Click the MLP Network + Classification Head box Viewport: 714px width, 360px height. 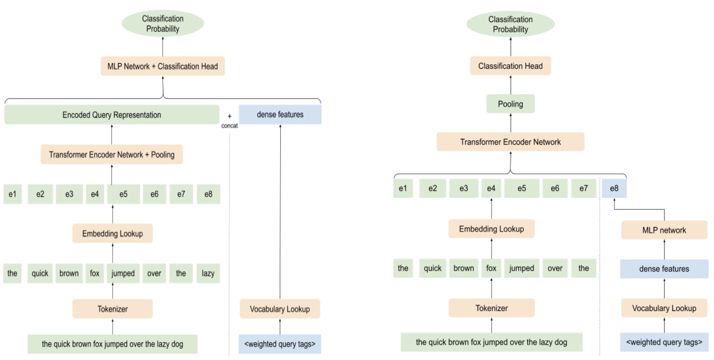(x=163, y=66)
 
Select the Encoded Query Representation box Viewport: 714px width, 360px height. (x=112, y=115)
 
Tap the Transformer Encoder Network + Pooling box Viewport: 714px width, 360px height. (x=112, y=155)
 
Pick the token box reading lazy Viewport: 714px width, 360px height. (x=208, y=273)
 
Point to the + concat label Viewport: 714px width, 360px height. (x=229, y=121)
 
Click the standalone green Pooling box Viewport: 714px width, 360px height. (x=510, y=104)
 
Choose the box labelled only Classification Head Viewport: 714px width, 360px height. (x=510, y=66)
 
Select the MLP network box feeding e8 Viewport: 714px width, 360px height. (x=664, y=230)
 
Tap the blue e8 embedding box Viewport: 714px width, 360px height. (x=614, y=188)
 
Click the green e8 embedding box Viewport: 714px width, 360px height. (x=208, y=194)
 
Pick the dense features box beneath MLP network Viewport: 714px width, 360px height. (x=664, y=269)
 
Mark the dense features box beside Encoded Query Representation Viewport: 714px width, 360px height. (x=280, y=115)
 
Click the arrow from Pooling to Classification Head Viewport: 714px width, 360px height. (x=510, y=85)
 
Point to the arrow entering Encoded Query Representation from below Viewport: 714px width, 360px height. (x=112, y=135)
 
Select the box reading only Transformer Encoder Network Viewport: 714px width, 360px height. (x=510, y=142)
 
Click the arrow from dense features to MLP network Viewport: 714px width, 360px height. (x=664, y=249)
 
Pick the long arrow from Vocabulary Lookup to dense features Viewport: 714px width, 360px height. (x=280, y=209)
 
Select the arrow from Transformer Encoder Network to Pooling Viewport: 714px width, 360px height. (x=510, y=123)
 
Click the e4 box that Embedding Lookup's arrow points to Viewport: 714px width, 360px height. (x=491, y=188)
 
